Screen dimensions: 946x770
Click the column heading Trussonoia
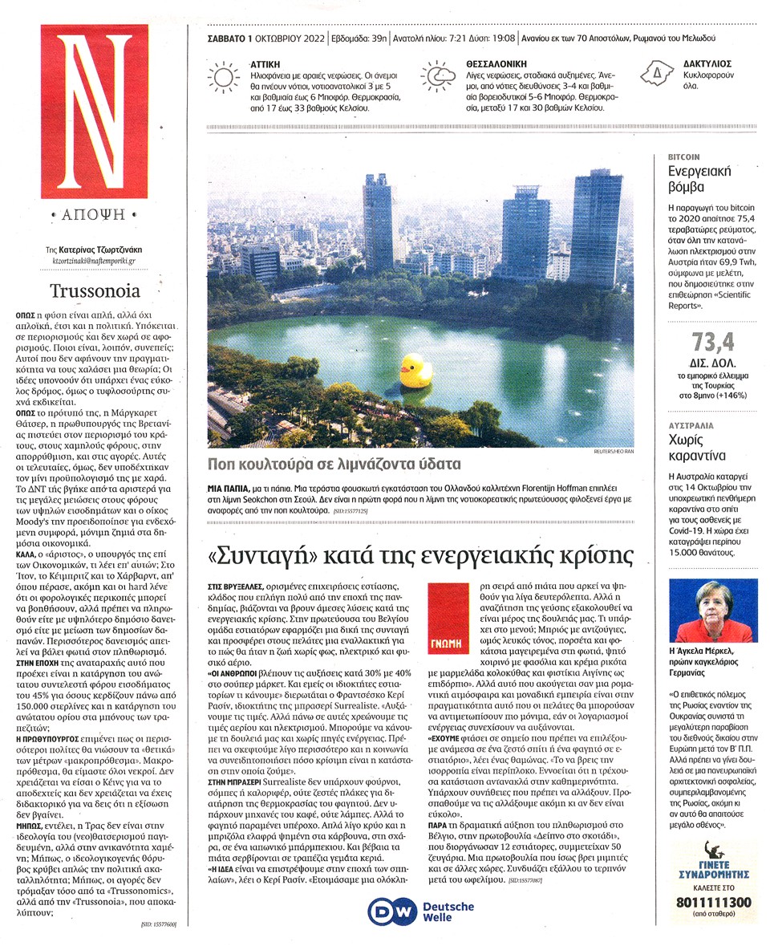(x=95, y=291)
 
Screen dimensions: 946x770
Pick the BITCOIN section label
(x=684, y=157)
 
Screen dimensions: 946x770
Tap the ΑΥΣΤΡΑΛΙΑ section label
(x=693, y=426)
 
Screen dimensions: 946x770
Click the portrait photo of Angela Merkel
(x=712, y=611)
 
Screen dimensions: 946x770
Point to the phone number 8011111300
(x=713, y=903)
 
